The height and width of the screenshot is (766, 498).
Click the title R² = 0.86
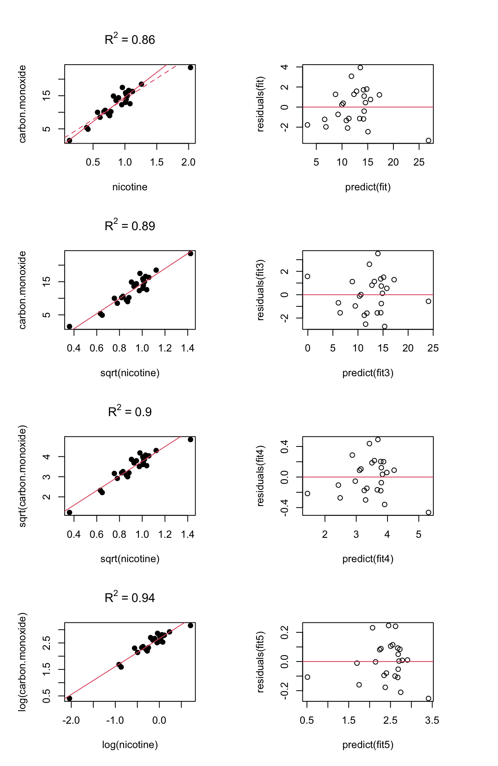click(130, 39)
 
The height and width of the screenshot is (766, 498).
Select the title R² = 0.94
click(130, 598)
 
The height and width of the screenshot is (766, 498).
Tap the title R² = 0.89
click(130, 226)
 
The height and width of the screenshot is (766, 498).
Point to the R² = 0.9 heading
click(130, 412)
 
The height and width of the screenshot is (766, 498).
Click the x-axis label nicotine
click(130, 187)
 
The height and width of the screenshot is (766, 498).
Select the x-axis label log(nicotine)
click(130, 745)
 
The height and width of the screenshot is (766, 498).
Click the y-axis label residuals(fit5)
click(261, 662)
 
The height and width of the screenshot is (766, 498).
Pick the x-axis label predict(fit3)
click(368, 373)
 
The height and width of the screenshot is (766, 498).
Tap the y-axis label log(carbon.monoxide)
click(22, 662)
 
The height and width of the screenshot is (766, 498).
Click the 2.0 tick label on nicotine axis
click(188, 162)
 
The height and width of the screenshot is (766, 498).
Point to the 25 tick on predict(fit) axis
click(419, 162)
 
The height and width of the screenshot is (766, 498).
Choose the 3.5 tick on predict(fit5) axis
click(432, 721)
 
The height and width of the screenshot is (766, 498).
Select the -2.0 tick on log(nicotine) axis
click(71, 721)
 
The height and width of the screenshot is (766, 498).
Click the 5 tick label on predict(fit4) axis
click(419, 535)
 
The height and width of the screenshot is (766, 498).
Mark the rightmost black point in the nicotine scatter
click(190, 67)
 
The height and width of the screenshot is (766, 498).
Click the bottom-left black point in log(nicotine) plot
click(69, 698)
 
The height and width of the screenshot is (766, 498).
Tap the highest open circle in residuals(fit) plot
click(360, 67)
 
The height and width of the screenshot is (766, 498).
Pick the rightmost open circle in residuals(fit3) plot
click(429, 301)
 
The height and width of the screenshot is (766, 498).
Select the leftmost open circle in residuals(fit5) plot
click(307, 677)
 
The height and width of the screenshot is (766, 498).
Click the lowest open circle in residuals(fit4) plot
click(429, 512)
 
